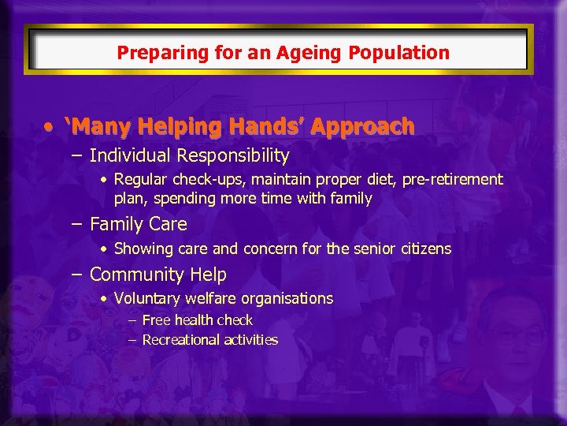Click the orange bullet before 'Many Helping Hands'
pyautogui.click(x=50, y=127)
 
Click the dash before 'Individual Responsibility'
pyautogui.click(x=76, y=156)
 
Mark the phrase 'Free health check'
pyautogui.click(x=197, y=320)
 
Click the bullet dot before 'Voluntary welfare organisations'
pyautogui.click(x=105, y=299)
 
